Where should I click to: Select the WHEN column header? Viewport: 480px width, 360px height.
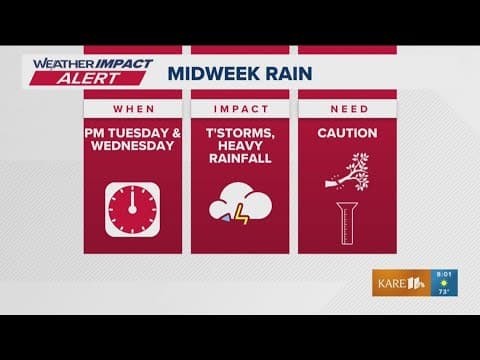coord(132,108)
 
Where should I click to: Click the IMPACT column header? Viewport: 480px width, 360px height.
coord(239,108)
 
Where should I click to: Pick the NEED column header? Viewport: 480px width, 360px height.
coord(346,108)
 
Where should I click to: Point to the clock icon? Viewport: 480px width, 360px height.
coord(132,208)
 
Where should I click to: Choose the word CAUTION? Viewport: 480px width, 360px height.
coord(346,133)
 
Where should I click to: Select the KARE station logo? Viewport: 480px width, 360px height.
coord(399,283)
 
